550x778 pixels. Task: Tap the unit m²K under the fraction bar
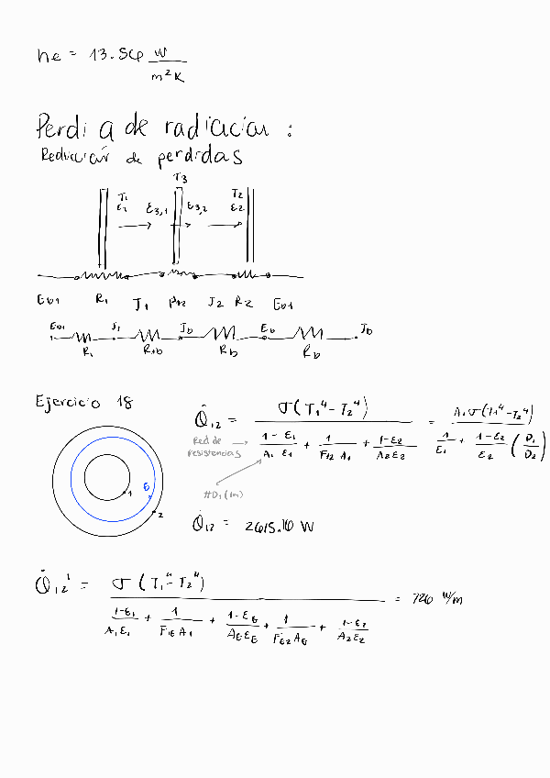tap(168, 77)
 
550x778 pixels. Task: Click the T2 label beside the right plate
tap(237, 194)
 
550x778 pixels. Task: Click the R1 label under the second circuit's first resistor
tap(87, 350)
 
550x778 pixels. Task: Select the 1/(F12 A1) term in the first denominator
tap(335, 446)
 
